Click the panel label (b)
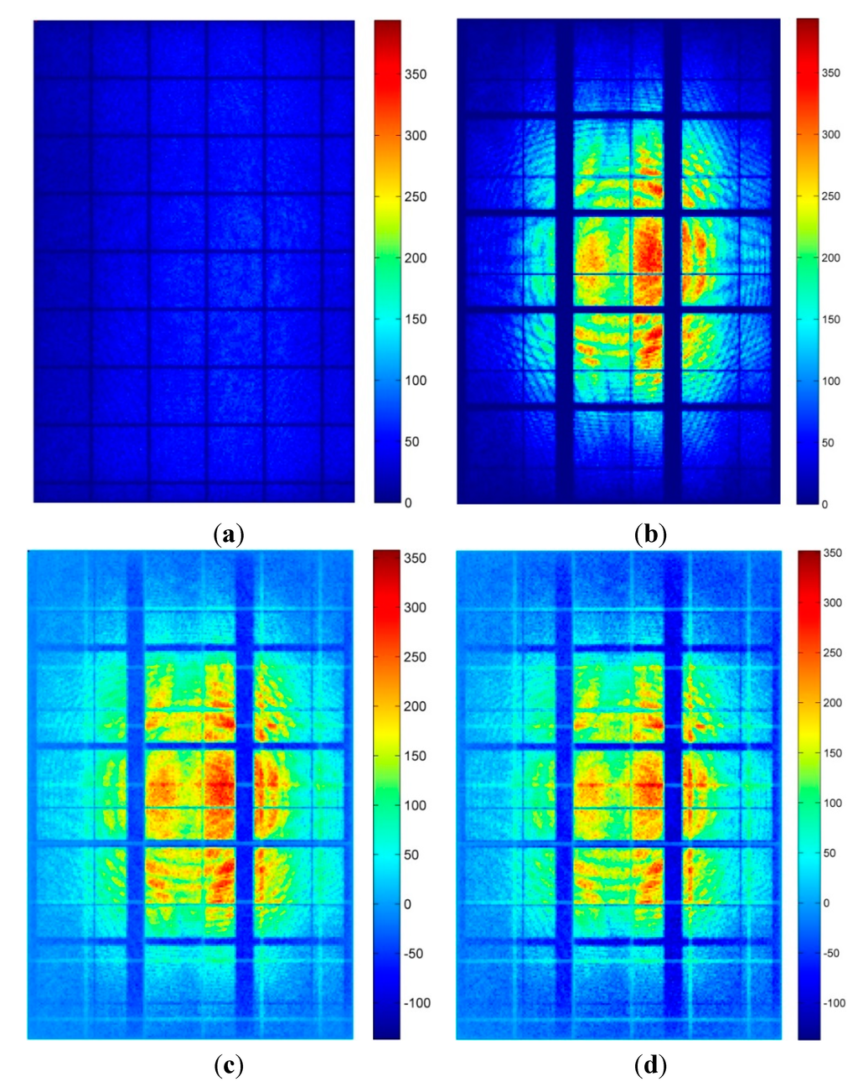(x=651, y=533)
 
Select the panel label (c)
(x=229, y=1065)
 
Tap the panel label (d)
(x=651, y=1065)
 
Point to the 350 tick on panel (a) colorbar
(x=414, y=74)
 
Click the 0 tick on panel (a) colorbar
(x=408, y=502)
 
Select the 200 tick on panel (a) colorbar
(x=414, y=257)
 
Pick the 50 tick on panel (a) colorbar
(x=411, y=441)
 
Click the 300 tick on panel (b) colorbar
(x=830, y=134)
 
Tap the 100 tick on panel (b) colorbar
(x=830, y=381)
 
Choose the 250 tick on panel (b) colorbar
(x=830, y=196)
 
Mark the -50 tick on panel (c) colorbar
(x=413, y=954)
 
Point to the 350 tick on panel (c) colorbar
(x=414, y=558)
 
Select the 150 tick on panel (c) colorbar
(x=414, y=756)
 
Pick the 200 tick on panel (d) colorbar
(x=830, y=703)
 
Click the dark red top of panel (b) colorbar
(x=807, y=23)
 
